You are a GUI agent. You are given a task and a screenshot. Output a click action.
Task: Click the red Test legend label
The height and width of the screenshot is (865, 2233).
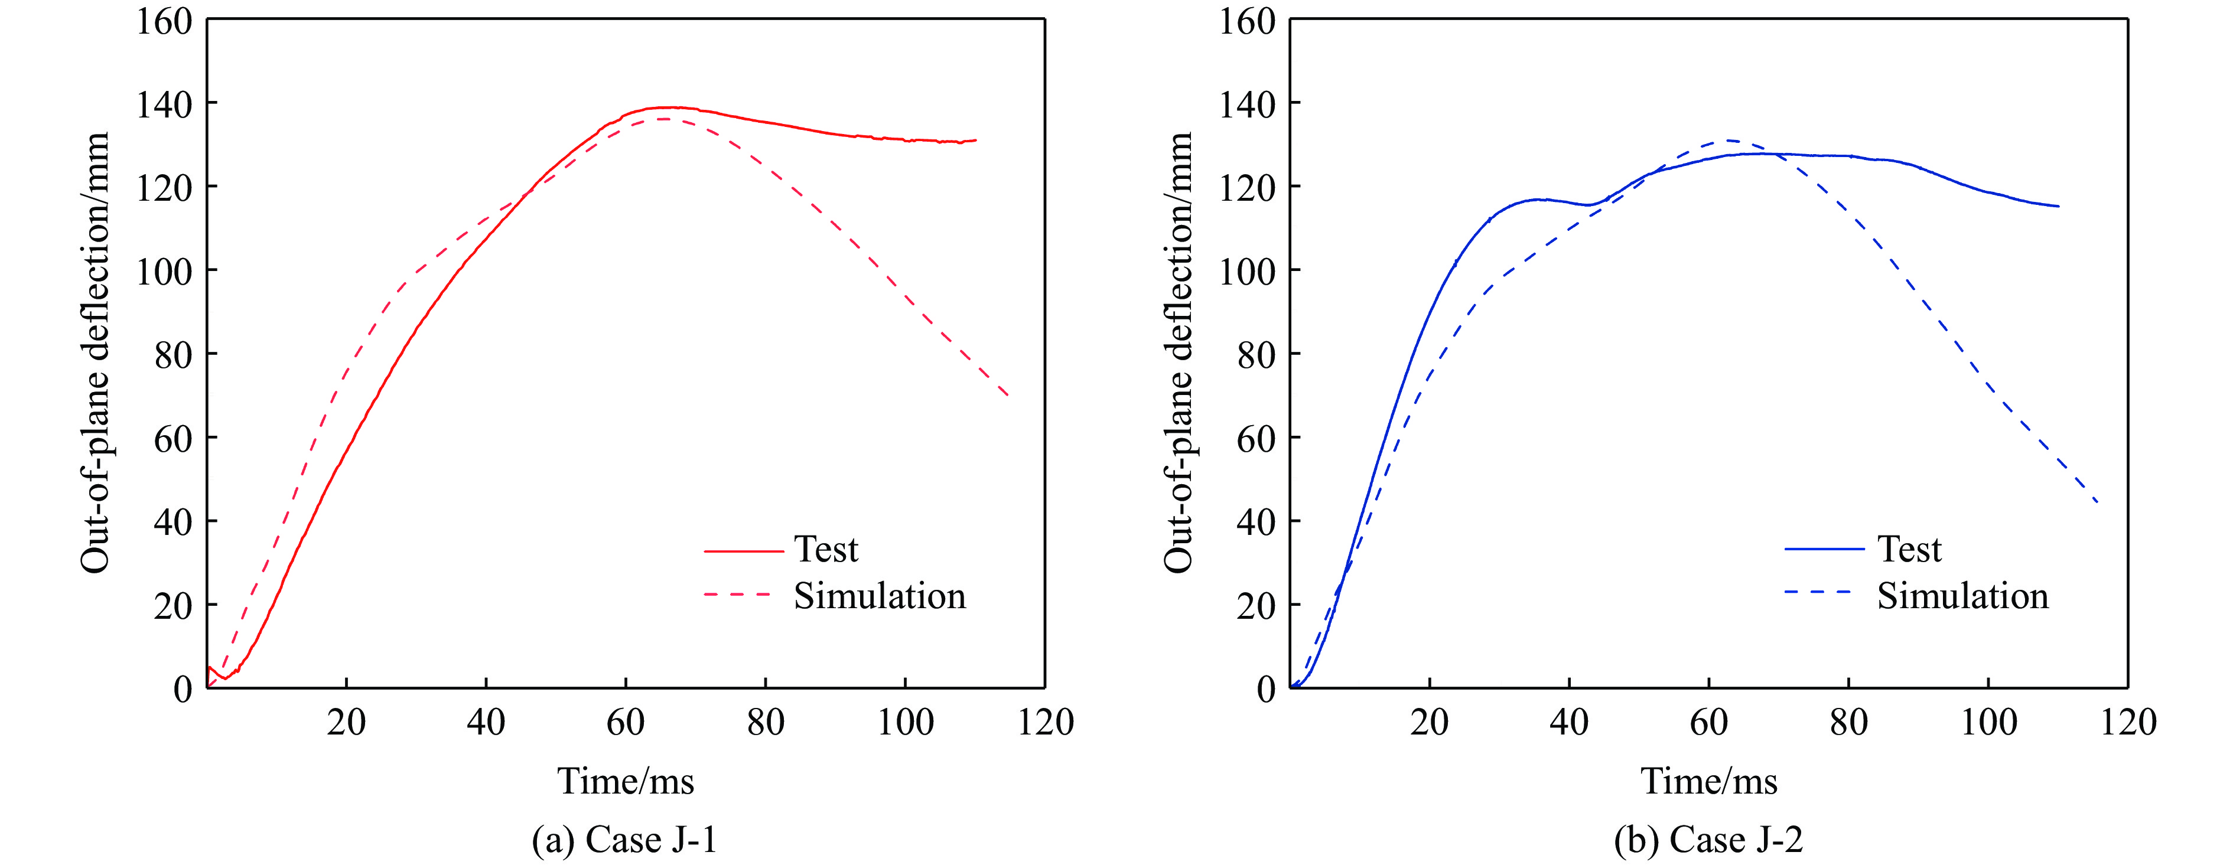click(x=825, y=550)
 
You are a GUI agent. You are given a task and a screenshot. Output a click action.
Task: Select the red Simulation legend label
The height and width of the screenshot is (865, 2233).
click(x=879, y=596)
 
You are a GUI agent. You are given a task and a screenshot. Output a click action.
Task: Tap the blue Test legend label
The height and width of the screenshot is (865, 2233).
click(x=1909, y=550)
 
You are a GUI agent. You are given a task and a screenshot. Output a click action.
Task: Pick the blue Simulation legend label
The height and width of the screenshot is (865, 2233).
click(x=1962, y=596)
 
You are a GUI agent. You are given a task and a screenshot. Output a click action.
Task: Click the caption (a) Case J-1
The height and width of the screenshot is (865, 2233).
click(x=625, y=840)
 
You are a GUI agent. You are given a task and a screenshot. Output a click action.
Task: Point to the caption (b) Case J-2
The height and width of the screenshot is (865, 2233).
click(x=1708, y=840)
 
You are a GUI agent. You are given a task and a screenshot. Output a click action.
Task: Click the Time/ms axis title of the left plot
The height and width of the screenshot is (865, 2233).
click(x=625, y=782)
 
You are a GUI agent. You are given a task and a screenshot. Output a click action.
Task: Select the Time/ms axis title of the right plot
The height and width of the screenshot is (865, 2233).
click(x=1708, y=782)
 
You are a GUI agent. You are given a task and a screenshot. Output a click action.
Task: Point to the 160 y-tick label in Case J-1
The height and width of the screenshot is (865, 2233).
click(x=164, y=22)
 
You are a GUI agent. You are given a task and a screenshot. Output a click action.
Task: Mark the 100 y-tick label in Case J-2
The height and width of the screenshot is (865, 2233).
click(x=1248, y=271)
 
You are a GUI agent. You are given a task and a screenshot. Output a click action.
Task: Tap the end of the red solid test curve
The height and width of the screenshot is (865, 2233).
click(x=975, y=141)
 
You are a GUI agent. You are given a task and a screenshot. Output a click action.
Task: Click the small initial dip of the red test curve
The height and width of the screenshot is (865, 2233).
click(x=224, y=678)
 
